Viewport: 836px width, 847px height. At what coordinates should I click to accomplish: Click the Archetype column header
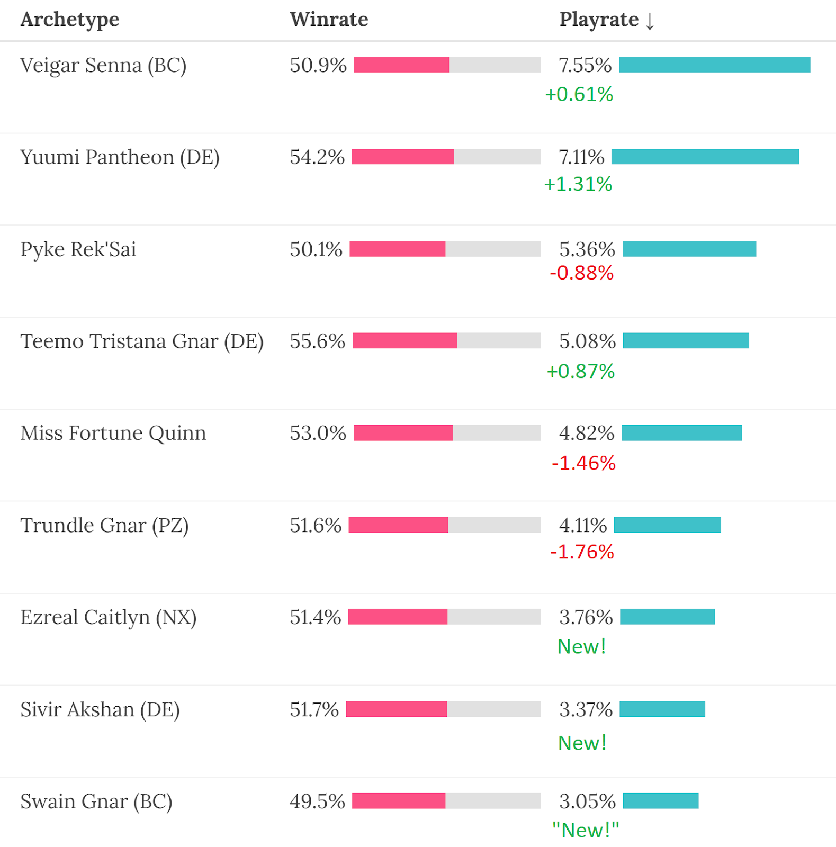(x=70, y=20)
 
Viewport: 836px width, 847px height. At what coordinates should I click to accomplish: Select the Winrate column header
(x=329, y=20)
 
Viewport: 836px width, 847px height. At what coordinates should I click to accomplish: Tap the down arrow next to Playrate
(x=650, y=21)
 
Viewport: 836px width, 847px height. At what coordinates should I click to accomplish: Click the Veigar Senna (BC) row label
(x=103, y=66)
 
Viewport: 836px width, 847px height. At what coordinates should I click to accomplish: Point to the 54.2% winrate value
(x=317, y=157)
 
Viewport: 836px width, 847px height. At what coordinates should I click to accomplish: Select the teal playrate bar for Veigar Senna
(x=714, y=65)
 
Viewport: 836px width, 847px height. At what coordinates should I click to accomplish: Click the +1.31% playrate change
(x=578, y=184)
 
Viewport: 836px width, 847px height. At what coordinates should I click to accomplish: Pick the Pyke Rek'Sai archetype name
(x=78, y=249)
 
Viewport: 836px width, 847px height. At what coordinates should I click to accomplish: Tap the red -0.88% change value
(x=581, y=273)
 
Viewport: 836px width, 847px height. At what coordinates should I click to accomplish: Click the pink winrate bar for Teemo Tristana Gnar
(x=404, y=341)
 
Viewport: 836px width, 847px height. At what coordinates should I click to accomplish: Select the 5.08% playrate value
(x=587, y=341)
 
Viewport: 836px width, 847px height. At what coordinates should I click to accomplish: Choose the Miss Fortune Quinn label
(x=113, y=433)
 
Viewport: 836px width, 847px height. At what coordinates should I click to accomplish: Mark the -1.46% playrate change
(x=583, y=463)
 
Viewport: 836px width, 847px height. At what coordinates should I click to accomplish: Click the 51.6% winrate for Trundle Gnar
(x=316, y=525)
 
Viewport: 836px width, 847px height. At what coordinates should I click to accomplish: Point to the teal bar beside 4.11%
(x=667, y=525)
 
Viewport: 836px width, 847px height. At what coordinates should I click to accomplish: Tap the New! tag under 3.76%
(x=581, y=646)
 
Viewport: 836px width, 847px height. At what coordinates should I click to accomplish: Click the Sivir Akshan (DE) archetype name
(x=100, y=709)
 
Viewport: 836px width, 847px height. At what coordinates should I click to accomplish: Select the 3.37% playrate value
(x=586, y=709)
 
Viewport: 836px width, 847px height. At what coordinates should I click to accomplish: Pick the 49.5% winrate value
(x=317, y=801)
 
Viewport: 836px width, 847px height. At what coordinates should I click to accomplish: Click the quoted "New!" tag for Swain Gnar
(x=585, y=830)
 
